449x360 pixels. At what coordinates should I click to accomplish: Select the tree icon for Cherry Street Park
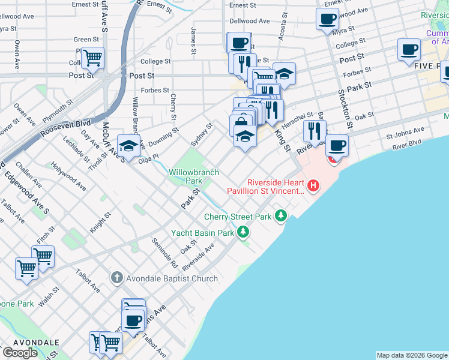click(x=280, y=215)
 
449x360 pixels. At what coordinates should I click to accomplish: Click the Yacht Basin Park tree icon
click(x=243, y=232)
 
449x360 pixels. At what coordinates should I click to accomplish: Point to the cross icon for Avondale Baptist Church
click(x=116, y=278)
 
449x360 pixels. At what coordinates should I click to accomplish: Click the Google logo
click(x=20, y=353)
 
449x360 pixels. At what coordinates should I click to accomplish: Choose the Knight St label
click(x=101, y=223)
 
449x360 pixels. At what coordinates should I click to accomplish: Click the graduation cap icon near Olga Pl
click(x=128, y=145)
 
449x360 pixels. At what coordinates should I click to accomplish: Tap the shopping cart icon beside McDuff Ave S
click(x=92, y=58)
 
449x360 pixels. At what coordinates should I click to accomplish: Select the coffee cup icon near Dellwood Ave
click(x=327, y=19)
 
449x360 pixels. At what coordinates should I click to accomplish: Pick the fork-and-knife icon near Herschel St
click(x=315, y=130)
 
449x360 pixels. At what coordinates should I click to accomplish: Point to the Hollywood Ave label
click(x=68, y=176)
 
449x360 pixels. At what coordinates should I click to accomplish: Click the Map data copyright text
click(x=412, y=355)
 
